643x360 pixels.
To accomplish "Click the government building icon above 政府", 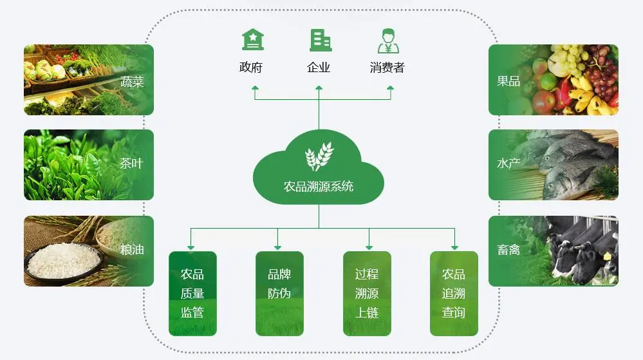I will (x=252, y=40).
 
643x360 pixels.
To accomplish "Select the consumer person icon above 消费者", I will (x=387, y=40).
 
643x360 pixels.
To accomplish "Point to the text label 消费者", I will (x=387, y=67).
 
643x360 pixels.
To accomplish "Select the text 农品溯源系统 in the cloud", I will (x=319, y=187).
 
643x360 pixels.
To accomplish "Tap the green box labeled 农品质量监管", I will (x=192, y=294).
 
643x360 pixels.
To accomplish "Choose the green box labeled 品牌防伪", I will (x=279, y=294).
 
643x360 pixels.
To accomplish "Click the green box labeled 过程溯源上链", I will (x=367, y=294).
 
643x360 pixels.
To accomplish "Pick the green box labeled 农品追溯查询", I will (x=454, y=294).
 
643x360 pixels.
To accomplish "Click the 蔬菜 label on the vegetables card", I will (x=131, y=82).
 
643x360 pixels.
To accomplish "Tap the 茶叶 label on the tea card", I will (x=131, y=164).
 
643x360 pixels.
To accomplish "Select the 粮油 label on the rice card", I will (x=131, y=250).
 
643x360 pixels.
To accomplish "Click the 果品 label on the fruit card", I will (x=508, y=82).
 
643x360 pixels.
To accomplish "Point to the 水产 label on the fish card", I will (x=508, y=164).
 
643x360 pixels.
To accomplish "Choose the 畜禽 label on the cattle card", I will (x=508, y=250).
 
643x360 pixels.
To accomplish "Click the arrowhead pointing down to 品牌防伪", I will (x=277, y=247).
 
